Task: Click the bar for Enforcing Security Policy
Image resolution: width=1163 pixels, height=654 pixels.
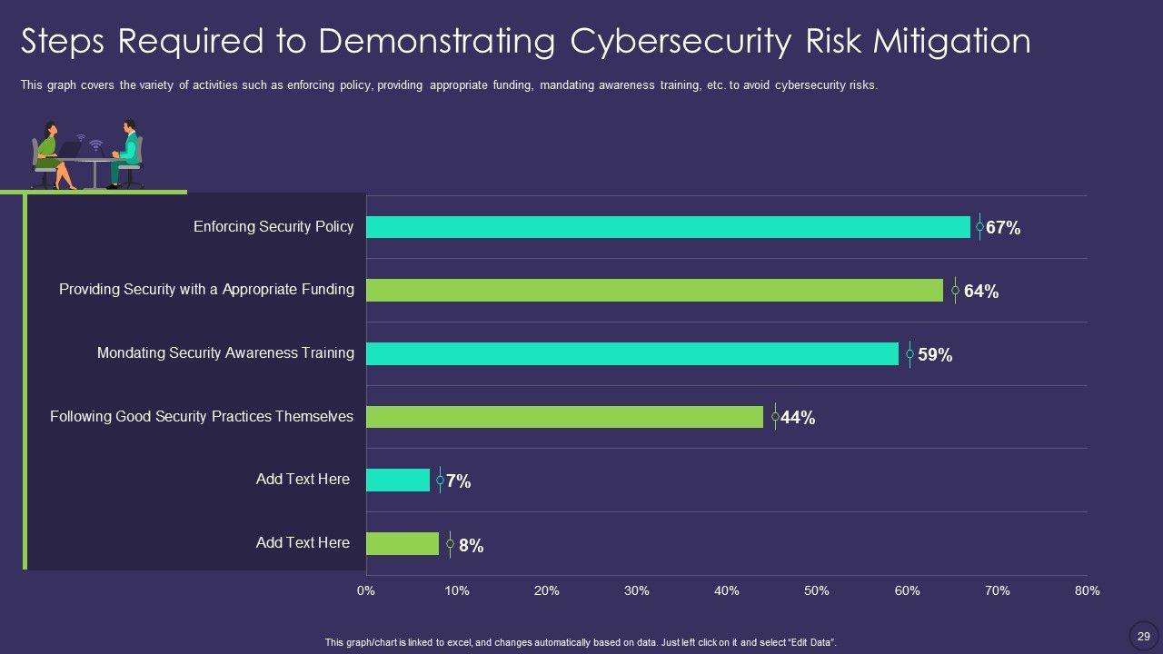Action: pyautogui.click(x=668, y=227)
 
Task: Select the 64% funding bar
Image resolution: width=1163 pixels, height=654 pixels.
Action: pyautogui.click(x=654, y=290)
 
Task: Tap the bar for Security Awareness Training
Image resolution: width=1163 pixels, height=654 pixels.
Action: pyautogui.click(x=631, y=353)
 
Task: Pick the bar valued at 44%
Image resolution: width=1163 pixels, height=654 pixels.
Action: pyautogui.click(x=564, y=417)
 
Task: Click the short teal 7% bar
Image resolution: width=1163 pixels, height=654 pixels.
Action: pyautogui.click(x=397, y=480)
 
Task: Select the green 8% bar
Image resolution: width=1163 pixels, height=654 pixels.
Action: pyautogui.click(x=402, y=543)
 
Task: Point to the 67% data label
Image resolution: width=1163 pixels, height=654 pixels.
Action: pyautogui.click(x=1003, y=228)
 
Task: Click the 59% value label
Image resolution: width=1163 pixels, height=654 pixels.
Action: pyautogui.click(x=935, y=355)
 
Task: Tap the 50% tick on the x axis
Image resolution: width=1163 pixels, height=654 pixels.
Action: pyautogui.click(x=817, y=590)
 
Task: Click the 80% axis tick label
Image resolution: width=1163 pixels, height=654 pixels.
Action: pyautogui.click(x=1087, y=590)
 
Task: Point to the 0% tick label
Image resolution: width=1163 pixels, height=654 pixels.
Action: pyautogui.click(x=365, y=590)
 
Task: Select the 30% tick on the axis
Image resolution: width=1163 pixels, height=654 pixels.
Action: pyautogui.click(x=637, y=590)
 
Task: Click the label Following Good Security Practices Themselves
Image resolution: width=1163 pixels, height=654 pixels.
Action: pyautogui.click(x=202, y=417)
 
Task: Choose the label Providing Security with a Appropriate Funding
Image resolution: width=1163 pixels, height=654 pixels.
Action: pyautogui.click(x=206, y=290)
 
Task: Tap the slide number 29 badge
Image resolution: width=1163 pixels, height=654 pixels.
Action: pyautogui.click(x=1144, y=636)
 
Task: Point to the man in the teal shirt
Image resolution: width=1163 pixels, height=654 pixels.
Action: pyautogui.click(x=127, y=153)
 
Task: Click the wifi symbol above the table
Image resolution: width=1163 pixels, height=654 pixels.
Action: pyautogui.click(x=95, y=144)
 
